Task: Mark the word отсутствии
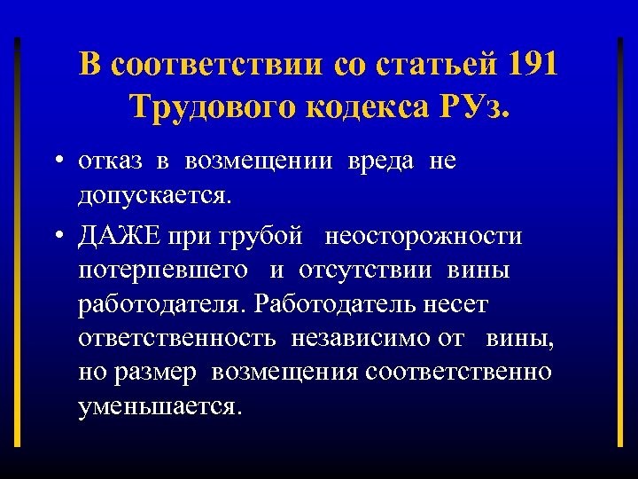[x=364, y=271]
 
